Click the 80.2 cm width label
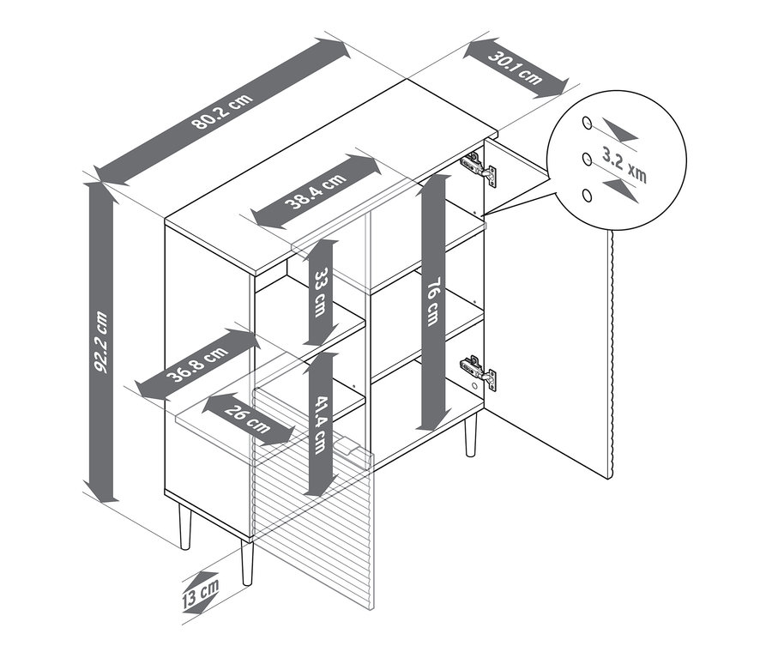[222, 111]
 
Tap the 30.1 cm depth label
[516, 68]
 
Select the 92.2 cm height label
[101, 341]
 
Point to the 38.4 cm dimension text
[316, 189]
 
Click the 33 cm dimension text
[321, 292]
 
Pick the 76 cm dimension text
[432, 301]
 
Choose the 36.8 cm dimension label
[197, 364]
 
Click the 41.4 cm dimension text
[321, 425]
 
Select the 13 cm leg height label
[200, 594]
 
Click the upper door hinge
[478, 167]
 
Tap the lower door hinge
[478, 371]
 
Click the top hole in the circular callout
[587, 123]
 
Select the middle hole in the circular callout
[587, 159]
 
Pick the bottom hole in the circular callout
[587, 196]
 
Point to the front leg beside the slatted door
[247, 563]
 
